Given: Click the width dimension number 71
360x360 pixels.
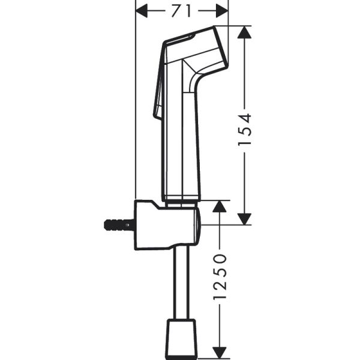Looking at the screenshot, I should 182,10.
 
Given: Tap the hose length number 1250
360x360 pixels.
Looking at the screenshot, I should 220,277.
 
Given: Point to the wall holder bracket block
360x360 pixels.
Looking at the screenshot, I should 165,225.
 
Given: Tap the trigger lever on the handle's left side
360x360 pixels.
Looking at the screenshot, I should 160,84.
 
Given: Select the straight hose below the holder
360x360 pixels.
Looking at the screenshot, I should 181,282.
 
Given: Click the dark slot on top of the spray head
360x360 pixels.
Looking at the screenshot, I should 180,41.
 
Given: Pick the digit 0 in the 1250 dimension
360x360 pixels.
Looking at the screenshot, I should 220,259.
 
